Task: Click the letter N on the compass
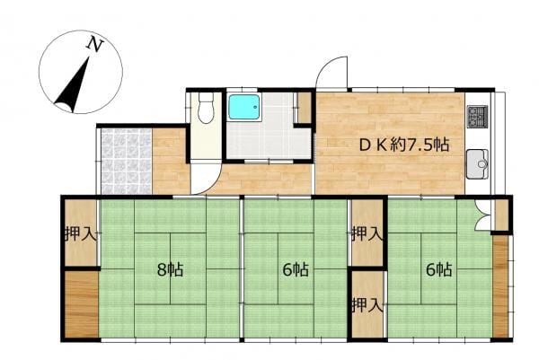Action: [x=95, y=45]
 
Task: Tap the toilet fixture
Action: [x=206, y=108]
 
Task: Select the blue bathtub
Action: [x=244, y=107]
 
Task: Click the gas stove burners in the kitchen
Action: [x=478, y=116]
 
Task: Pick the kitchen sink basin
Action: [x=478, y=164]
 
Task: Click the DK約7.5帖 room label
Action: [x=404, y=145]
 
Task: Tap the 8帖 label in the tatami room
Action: [x=170, y=269]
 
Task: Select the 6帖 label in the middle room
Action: [x=296, y=269]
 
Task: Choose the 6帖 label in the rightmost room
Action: [x=439, y=269]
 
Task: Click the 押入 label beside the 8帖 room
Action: [x=81, y=234]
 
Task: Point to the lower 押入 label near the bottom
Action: [x=367, y=304]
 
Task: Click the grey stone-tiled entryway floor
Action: [x=126, y=162]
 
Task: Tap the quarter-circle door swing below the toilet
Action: [x=209, y=182]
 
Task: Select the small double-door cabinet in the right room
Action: [x=483, y=215]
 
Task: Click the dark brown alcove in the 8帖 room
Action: [x=82, y=304]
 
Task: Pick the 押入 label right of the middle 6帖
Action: [x=367, y=234]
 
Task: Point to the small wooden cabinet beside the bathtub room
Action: [x=305, y=108]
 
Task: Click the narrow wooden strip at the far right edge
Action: [x=500, y=286]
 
